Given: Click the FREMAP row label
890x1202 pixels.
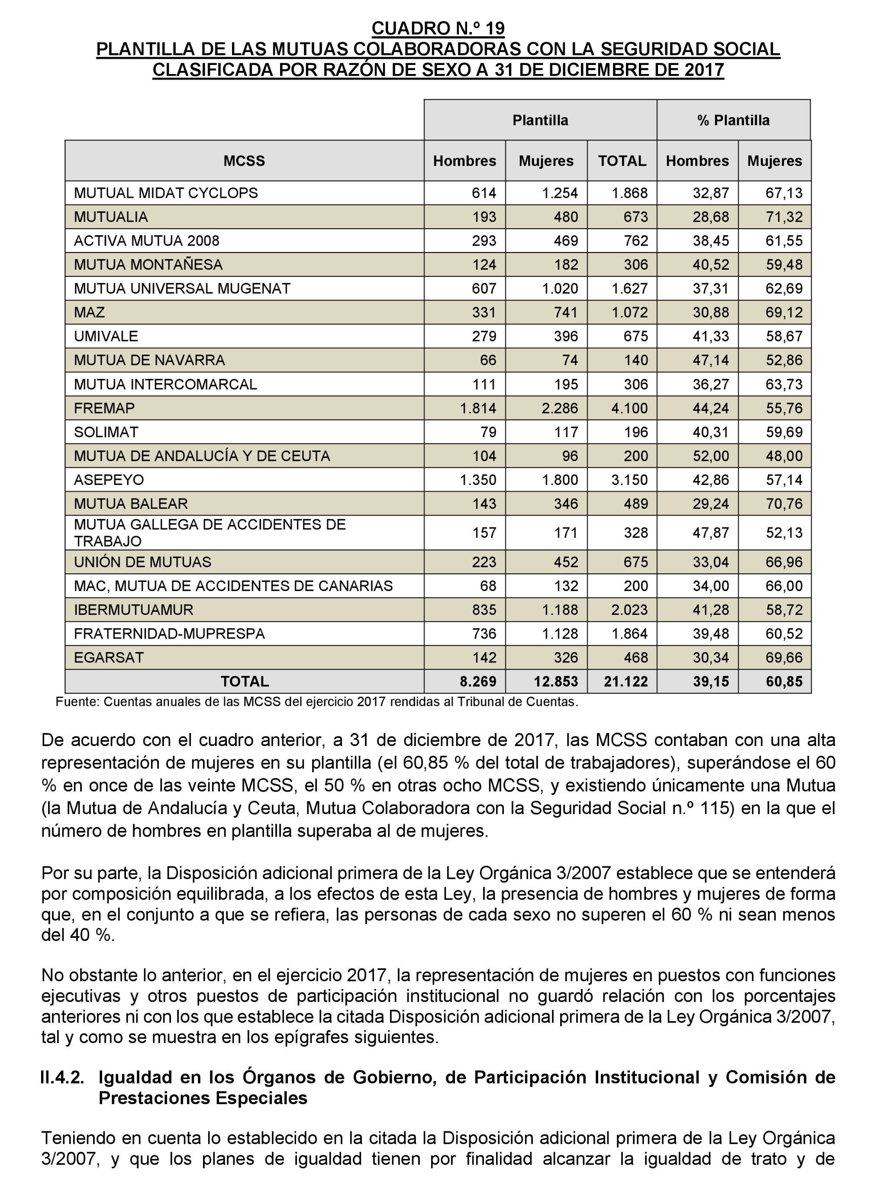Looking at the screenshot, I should point(104,408).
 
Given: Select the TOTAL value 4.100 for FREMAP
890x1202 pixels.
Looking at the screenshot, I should point(629,408).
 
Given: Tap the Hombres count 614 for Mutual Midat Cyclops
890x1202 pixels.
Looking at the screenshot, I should point(484,193).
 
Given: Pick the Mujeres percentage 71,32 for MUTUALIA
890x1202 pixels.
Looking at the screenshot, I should point(784,217).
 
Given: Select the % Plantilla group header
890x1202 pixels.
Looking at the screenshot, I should point(733,120).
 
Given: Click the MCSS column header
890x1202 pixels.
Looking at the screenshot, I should point(244,161).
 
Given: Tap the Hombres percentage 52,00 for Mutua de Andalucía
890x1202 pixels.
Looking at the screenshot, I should point(711,456).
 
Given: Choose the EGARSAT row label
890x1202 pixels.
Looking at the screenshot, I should point(109,658).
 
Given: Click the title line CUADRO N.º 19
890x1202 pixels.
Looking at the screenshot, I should point(438,28).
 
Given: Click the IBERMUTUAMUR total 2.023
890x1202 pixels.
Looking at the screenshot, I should point(629,610).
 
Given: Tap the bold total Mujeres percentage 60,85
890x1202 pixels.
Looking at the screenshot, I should point(784,682).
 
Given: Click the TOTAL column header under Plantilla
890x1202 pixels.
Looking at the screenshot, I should point(622,161).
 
